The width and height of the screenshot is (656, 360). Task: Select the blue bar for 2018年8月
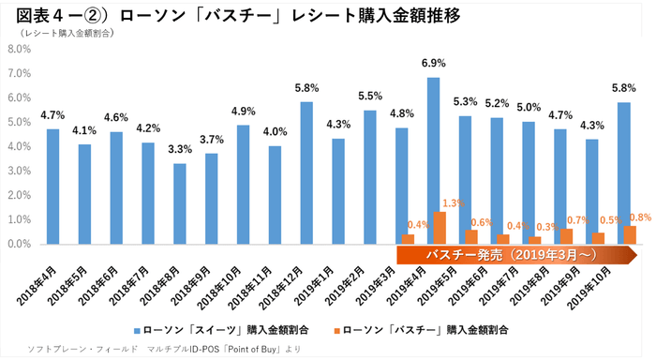pos(180,203)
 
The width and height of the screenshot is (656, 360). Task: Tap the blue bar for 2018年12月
pos(306,172)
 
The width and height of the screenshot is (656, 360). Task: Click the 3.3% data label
pos(180,149)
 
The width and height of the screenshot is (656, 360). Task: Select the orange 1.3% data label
pos(451,202)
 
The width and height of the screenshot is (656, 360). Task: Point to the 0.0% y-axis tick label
pos(20,244)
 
